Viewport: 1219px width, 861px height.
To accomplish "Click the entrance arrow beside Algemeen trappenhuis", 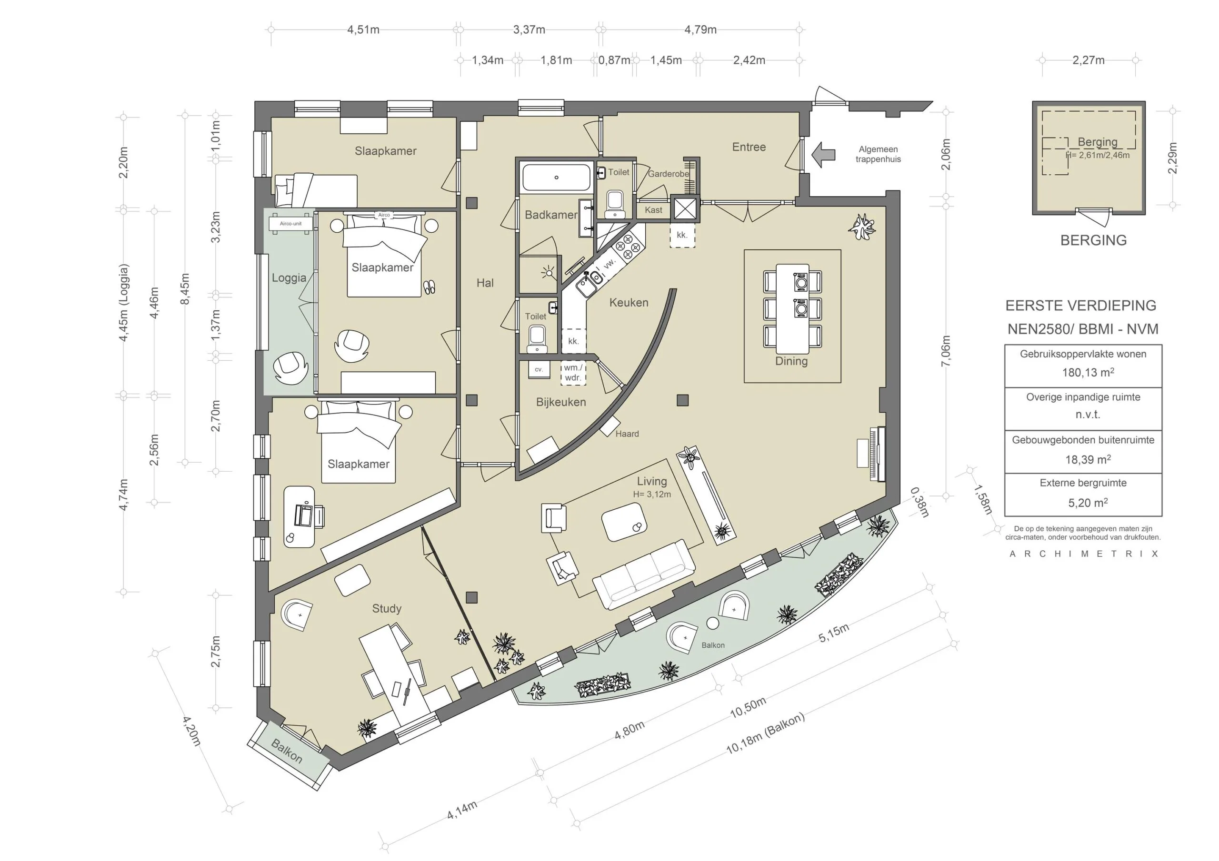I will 823,155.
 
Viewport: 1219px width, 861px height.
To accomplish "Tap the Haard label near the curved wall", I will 627,434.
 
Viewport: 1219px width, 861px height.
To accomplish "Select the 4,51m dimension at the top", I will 363,30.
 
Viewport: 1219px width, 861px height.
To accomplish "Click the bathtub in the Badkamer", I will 557,178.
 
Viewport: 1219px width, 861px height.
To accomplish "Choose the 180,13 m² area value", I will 1087,373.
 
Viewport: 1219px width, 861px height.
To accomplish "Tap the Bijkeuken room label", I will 560,402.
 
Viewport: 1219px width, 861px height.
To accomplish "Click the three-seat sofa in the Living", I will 644,575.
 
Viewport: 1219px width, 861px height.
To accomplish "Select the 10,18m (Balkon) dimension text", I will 765,733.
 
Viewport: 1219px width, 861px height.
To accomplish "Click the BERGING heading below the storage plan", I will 1093,240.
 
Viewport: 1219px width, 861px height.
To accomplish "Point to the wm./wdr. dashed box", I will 573,373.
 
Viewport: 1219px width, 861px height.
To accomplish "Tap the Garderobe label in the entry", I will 668,174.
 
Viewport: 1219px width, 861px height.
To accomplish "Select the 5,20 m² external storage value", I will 1087,503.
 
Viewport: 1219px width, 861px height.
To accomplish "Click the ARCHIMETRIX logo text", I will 1083,554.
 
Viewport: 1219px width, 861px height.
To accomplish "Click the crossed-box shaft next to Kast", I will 685,208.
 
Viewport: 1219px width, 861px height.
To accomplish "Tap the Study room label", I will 387,608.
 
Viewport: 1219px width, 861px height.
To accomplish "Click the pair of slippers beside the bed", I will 430,287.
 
